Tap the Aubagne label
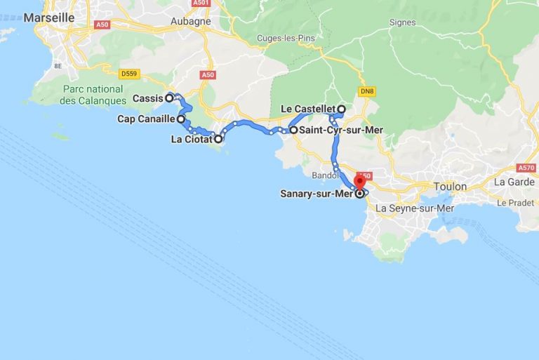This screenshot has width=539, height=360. coord(190,21)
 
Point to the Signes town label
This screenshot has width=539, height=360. coord(403,22)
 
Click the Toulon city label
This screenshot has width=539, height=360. coord(450,187)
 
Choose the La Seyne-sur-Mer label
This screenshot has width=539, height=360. coord(415,208)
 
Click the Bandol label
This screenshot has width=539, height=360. coord(324,174)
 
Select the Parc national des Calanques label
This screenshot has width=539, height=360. coord(97,95)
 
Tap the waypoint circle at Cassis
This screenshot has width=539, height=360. coord(170,98)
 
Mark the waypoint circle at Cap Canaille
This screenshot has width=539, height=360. coord(181,119)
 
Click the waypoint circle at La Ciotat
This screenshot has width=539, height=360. coord(218,139)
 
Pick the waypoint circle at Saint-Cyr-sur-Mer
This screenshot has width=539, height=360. coord(293,130)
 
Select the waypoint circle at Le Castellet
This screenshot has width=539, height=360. coord(341,109)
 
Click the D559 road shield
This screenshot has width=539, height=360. coord(129,73)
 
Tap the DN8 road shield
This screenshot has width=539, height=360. coord(366,91)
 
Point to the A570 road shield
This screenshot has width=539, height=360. coord(526,168)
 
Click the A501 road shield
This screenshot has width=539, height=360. coord(201,3)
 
